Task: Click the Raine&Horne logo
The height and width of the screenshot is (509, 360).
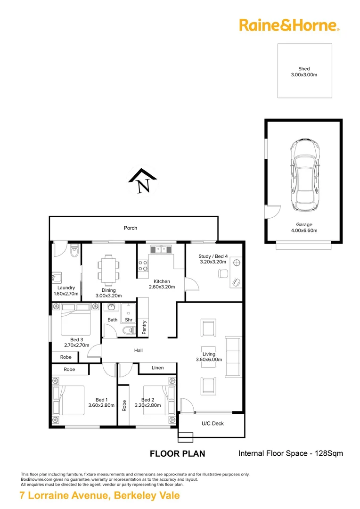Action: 289,25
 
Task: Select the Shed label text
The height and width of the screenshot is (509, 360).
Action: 304,69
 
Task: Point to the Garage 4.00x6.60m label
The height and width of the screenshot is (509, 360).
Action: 304,228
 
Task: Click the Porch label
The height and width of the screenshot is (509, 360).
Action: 131,228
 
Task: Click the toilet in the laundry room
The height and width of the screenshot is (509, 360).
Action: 73,253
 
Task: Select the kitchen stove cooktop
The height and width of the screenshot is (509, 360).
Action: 143,266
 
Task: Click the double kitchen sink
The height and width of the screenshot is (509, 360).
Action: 161,249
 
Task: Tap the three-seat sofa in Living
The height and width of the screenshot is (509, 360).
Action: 233,357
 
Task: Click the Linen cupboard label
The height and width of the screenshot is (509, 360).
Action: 157,368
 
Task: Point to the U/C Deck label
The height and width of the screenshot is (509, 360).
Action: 213,423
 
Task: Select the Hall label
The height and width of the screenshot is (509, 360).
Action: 138,350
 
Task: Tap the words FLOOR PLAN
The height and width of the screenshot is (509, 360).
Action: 177,454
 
